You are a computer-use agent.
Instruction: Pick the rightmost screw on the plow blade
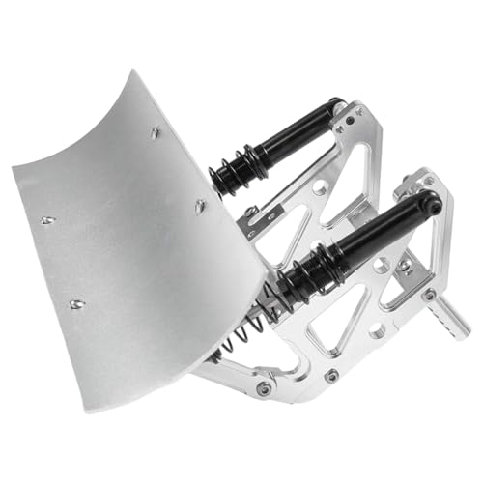coord(200,205)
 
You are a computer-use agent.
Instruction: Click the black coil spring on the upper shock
coord(233,169)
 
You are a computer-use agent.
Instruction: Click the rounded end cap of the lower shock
coord(432,204)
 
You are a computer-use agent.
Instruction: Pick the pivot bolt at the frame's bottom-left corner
coord(262,388)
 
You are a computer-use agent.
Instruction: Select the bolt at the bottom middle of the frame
coord(330,375)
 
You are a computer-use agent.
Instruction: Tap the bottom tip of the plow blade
coord(115,410)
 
